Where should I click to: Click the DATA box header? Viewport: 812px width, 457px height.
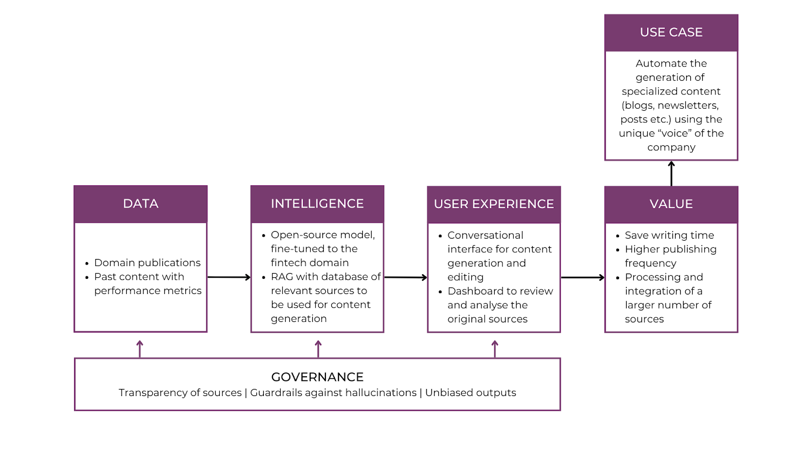(x=141, y=204)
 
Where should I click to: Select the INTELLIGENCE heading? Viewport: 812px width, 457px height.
(x=317, y=204)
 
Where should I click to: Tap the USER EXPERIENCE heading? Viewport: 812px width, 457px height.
(x=494, y=204)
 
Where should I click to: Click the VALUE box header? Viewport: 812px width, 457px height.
(x=671, y=204)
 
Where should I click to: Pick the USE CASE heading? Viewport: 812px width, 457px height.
(x=671, y=32)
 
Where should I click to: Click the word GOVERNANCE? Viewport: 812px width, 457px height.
(x=317, y=377)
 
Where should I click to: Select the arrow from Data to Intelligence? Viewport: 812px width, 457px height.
(x=229, y=277)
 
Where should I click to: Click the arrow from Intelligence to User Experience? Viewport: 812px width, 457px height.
(x=405, y=277)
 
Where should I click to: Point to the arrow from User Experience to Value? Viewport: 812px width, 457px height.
(x=583, y=277)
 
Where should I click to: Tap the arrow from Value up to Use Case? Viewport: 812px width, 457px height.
(x=671, y=174)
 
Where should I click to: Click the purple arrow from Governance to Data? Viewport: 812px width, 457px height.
(x=140, y=349)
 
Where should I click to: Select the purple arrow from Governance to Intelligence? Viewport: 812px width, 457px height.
(x=318, y=349)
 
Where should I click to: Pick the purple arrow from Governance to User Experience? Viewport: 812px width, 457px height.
(x=495, y=349)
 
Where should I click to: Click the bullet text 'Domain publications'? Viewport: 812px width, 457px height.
(x=147, y=263)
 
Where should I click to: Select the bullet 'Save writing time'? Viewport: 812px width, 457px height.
(x=669, y=236)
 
